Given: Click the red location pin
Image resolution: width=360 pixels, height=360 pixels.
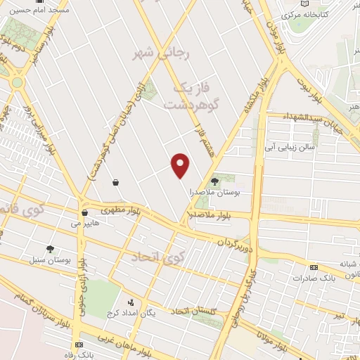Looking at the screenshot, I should [x=181, y=165].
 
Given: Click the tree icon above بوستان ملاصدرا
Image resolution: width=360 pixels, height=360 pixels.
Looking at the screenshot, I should [x=214, y=182].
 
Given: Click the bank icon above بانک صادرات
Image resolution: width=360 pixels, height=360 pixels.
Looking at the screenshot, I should [x=314, y=268].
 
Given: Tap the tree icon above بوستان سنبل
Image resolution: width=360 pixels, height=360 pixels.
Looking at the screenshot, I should [x=50, y=249].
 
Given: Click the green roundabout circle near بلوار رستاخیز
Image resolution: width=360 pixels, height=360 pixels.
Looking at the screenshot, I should [x=16, y=82].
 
